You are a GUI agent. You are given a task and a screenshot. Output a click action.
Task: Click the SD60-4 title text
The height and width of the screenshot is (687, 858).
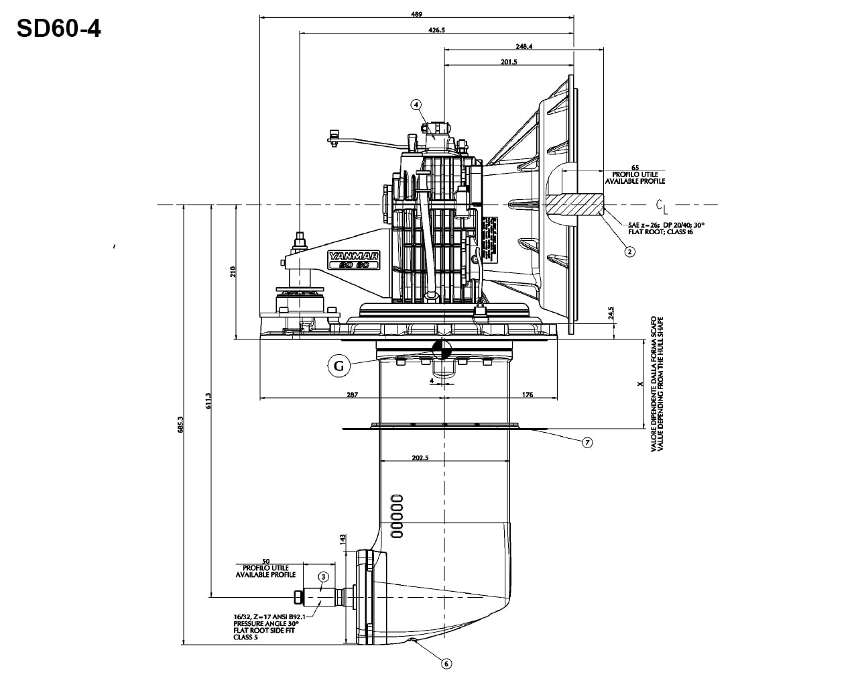(x=59, y=28)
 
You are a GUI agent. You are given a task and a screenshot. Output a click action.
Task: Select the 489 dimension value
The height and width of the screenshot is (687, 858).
(x=418, y=14)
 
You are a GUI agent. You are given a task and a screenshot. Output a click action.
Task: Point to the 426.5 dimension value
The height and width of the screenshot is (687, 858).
(x=436, y=30)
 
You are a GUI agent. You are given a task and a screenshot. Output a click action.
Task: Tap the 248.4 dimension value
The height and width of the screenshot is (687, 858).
(x=524, y=46)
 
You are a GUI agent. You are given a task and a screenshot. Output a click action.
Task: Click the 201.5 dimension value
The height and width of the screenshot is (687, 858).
(x=509, y=62)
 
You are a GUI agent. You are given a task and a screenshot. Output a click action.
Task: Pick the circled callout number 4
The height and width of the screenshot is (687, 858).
(x=416, y=105)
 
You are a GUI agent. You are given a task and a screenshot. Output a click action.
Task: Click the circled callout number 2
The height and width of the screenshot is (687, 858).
(x=629, y=252)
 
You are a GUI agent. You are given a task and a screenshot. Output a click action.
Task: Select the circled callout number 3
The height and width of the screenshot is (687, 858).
(x=323, y=576)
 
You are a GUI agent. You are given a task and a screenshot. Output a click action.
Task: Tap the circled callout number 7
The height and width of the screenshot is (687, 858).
(x=587, y=442)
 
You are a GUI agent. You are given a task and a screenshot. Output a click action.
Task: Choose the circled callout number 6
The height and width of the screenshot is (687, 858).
(x=446, y=664)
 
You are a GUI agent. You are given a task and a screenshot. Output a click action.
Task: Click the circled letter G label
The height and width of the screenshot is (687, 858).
(x=339, y=366)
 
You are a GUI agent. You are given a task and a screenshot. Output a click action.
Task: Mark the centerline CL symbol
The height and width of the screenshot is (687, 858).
(x=662, y=205)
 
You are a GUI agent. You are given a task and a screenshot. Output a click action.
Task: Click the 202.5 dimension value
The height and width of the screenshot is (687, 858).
(x=421, y=458)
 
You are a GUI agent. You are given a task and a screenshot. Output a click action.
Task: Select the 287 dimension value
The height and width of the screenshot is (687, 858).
(x=352, y=395)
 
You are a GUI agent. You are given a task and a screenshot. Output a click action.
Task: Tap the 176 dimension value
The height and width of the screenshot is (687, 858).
(x=528, y=395)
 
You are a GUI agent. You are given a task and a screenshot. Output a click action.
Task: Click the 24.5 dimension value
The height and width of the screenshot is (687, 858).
(x=611, y=313)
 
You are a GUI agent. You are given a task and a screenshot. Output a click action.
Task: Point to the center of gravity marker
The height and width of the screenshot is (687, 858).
(x=441, y=350)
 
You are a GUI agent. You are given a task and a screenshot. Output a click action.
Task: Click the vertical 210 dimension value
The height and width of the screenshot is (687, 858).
(x=233, y=272)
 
